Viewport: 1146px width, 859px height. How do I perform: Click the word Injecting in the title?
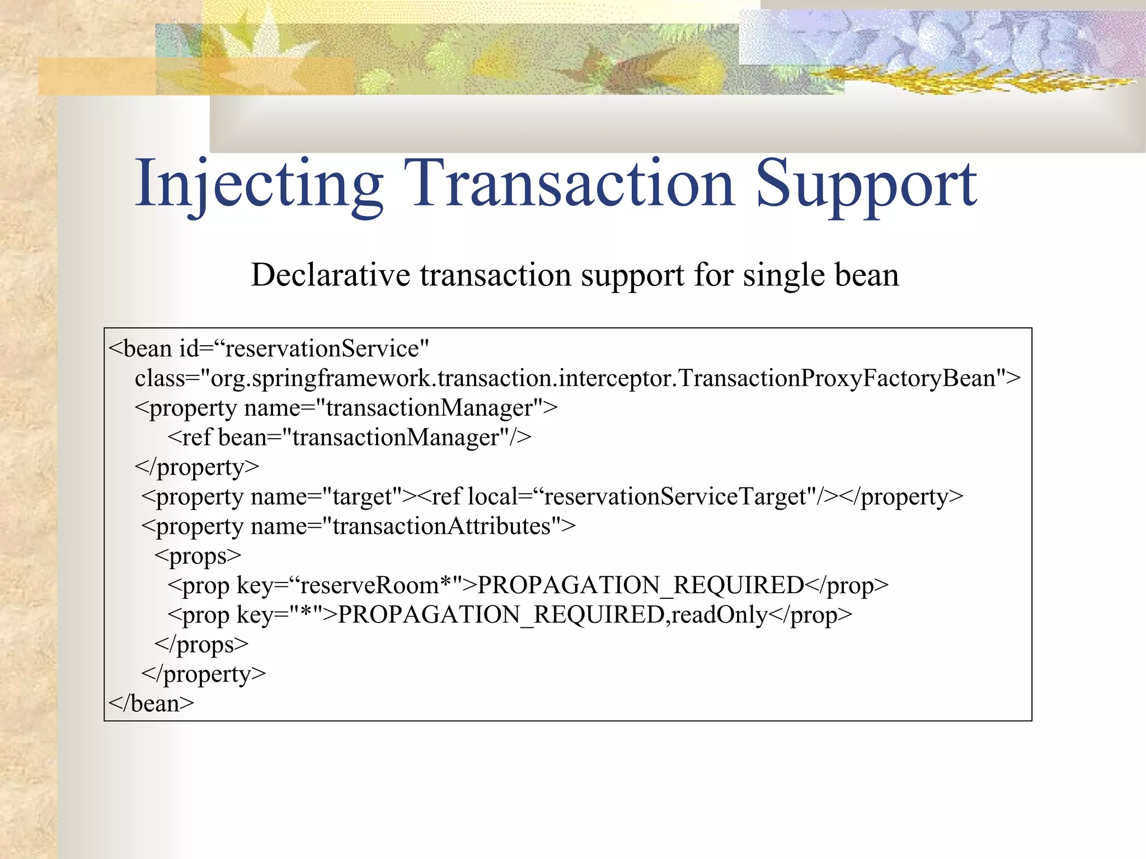(259, 185)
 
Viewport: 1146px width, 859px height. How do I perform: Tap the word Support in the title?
(866, 185)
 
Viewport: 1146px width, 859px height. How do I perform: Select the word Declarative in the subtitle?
(331, 275)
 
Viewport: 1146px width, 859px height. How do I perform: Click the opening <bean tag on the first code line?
(140, 349)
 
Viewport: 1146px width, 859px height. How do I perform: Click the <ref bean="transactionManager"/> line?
(349, 437)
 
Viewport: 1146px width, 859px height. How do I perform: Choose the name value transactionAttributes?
(442, 526)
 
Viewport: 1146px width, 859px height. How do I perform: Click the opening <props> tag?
(198, 556)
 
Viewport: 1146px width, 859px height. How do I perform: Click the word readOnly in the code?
(720, 615)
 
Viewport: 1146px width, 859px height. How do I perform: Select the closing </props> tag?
(201, 645)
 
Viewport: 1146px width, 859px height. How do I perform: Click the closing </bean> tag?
(151, 703)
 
